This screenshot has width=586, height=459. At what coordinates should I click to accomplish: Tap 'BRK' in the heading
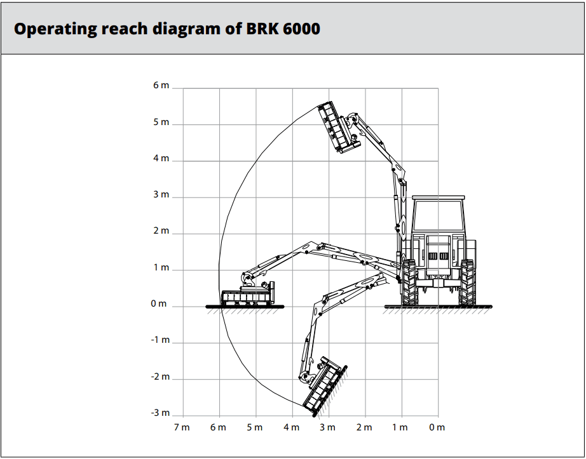pyautogui.click(x=262, y=29)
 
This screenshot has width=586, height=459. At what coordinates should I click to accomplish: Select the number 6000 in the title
pyautogui.click(x=302, y=29)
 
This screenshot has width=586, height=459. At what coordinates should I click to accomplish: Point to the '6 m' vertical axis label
pyautogui.click(x=161, y=86)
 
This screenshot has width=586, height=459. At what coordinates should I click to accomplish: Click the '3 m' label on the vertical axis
pyautogui.click(x=161, y=194)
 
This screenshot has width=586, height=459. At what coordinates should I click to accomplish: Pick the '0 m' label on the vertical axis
pyautogui.click(x=159, y=303)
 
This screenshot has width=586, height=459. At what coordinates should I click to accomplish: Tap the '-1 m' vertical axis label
pyautogui.click(x=160, y=340)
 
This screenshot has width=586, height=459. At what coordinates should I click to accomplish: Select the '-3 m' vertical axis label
pyautogui.click(x=160, y=413)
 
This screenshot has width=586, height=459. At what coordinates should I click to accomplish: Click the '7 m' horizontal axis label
pyautogui.click(x=182, y=427)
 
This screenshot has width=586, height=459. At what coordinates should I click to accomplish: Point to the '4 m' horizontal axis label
pyautogui.click(x=291, y=427)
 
